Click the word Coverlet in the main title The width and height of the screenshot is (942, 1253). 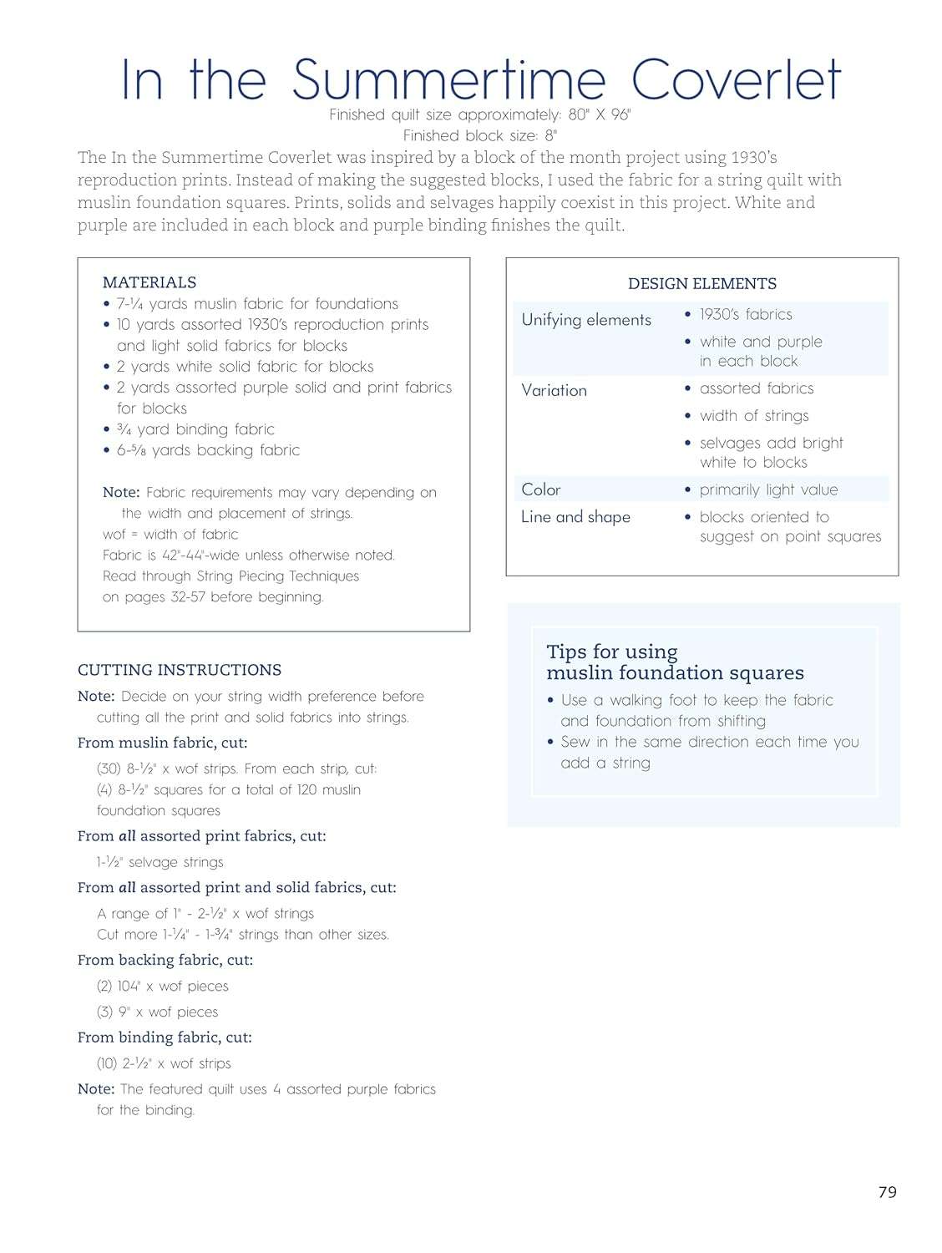point(735,80)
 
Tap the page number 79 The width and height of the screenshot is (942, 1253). point(887,1192)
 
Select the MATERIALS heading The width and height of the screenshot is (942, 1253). point(149,282)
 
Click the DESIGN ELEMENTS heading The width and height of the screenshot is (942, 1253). point(701,284)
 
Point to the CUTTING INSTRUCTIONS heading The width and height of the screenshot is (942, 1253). point(180,670)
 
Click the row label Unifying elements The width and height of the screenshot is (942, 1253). point(586,320)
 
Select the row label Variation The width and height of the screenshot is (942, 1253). point(554,390)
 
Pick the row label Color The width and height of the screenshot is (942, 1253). point(541,490)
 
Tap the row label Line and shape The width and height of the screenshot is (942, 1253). point(575,517)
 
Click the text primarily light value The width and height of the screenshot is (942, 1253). point(768,490)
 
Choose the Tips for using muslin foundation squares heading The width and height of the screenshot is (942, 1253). point(675,662)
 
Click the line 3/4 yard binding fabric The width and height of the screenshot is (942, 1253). point(196,429)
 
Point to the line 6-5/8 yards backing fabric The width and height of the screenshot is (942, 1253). point(209,450)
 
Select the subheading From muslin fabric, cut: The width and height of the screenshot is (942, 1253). point(163,743)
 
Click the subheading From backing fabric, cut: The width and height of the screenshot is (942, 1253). point(165,960)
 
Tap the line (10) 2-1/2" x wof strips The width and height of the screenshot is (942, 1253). point(164,1063)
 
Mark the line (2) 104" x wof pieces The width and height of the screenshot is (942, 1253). point(163,987)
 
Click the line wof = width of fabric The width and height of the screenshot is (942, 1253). point(170,535)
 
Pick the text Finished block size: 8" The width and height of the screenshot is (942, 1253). point(479,135)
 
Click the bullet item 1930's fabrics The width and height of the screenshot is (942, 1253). point(746,315)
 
